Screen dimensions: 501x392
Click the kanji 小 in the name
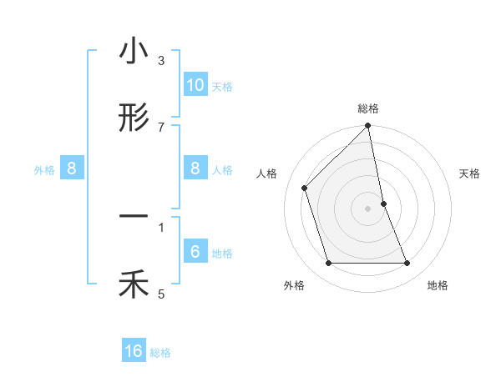coord(134,53)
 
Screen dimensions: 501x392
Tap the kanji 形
coord(134,118)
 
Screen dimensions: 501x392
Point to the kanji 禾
coord(134,285)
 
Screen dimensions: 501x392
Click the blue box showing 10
coord(195,85)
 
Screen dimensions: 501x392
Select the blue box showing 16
coord(134,352)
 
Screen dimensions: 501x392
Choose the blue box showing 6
coord(195,252)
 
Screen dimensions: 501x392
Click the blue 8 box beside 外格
coord(72,168)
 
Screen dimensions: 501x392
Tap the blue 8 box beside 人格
coord(195,168)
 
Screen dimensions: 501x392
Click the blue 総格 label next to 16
coord(160,353)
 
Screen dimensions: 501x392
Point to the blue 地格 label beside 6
coord(222,254)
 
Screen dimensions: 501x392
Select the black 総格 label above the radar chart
coord(368,108)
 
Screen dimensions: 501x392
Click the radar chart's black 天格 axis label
coord(470,173)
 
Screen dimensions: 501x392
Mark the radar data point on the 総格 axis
coord(368,127)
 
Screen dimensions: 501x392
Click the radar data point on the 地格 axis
coord(407,264)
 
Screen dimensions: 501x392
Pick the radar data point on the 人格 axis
coord(305,188)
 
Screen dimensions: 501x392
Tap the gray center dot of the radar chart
coord(368,209)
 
